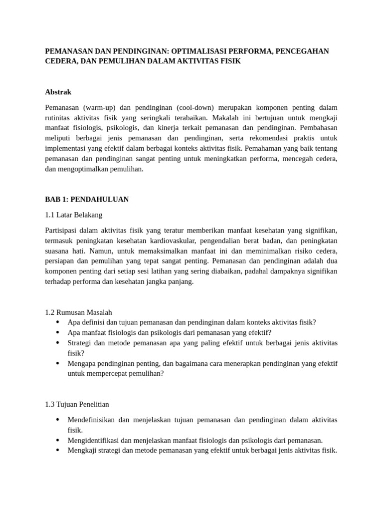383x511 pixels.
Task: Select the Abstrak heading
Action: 58,92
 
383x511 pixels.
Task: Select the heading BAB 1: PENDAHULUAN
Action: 87,199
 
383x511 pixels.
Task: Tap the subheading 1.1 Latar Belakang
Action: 73,215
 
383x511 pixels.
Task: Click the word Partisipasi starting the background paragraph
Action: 62,230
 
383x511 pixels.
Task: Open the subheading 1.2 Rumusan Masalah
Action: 79,312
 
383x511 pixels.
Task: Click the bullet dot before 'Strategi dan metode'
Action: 58,343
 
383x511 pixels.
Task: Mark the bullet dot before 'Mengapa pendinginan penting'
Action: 58,363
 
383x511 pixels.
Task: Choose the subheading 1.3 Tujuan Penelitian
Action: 77,404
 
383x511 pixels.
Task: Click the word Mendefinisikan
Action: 93,420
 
